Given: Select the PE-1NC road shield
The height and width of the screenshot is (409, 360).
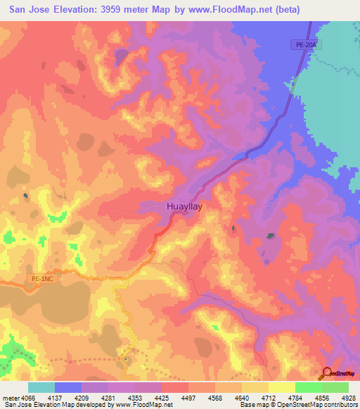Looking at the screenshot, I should [x=41, y=279].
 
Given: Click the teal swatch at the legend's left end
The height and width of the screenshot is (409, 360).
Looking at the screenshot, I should [x=41, y=387].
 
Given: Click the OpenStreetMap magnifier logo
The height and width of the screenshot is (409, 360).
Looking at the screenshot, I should [x=326, y=373].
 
